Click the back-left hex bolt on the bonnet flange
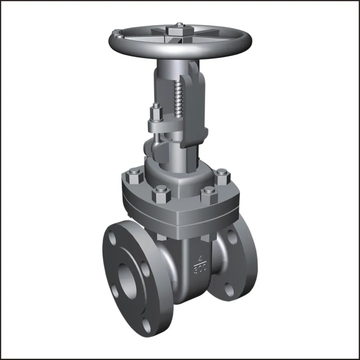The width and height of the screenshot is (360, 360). coord(135,174)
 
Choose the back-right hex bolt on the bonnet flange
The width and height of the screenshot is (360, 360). coord(223,174)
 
